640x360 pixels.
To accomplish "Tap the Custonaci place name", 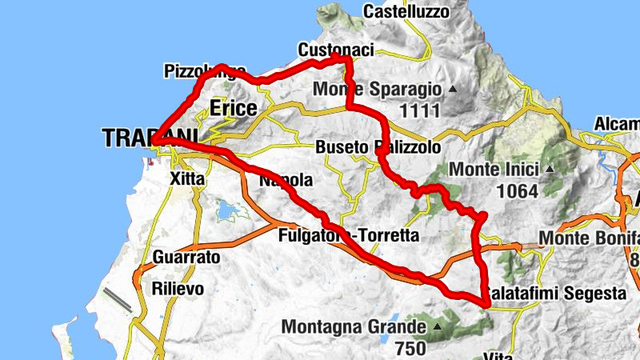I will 335,50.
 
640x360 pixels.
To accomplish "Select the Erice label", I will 234,108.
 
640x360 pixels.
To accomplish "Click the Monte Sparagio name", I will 377,89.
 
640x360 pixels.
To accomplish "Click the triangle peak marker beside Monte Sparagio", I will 453,89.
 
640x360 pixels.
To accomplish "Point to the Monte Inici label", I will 495,170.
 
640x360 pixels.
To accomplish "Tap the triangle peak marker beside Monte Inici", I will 550,170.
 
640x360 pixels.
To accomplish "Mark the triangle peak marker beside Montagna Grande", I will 438,327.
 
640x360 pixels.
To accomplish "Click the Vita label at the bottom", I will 498,355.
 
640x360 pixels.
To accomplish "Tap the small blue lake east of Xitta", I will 226,212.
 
